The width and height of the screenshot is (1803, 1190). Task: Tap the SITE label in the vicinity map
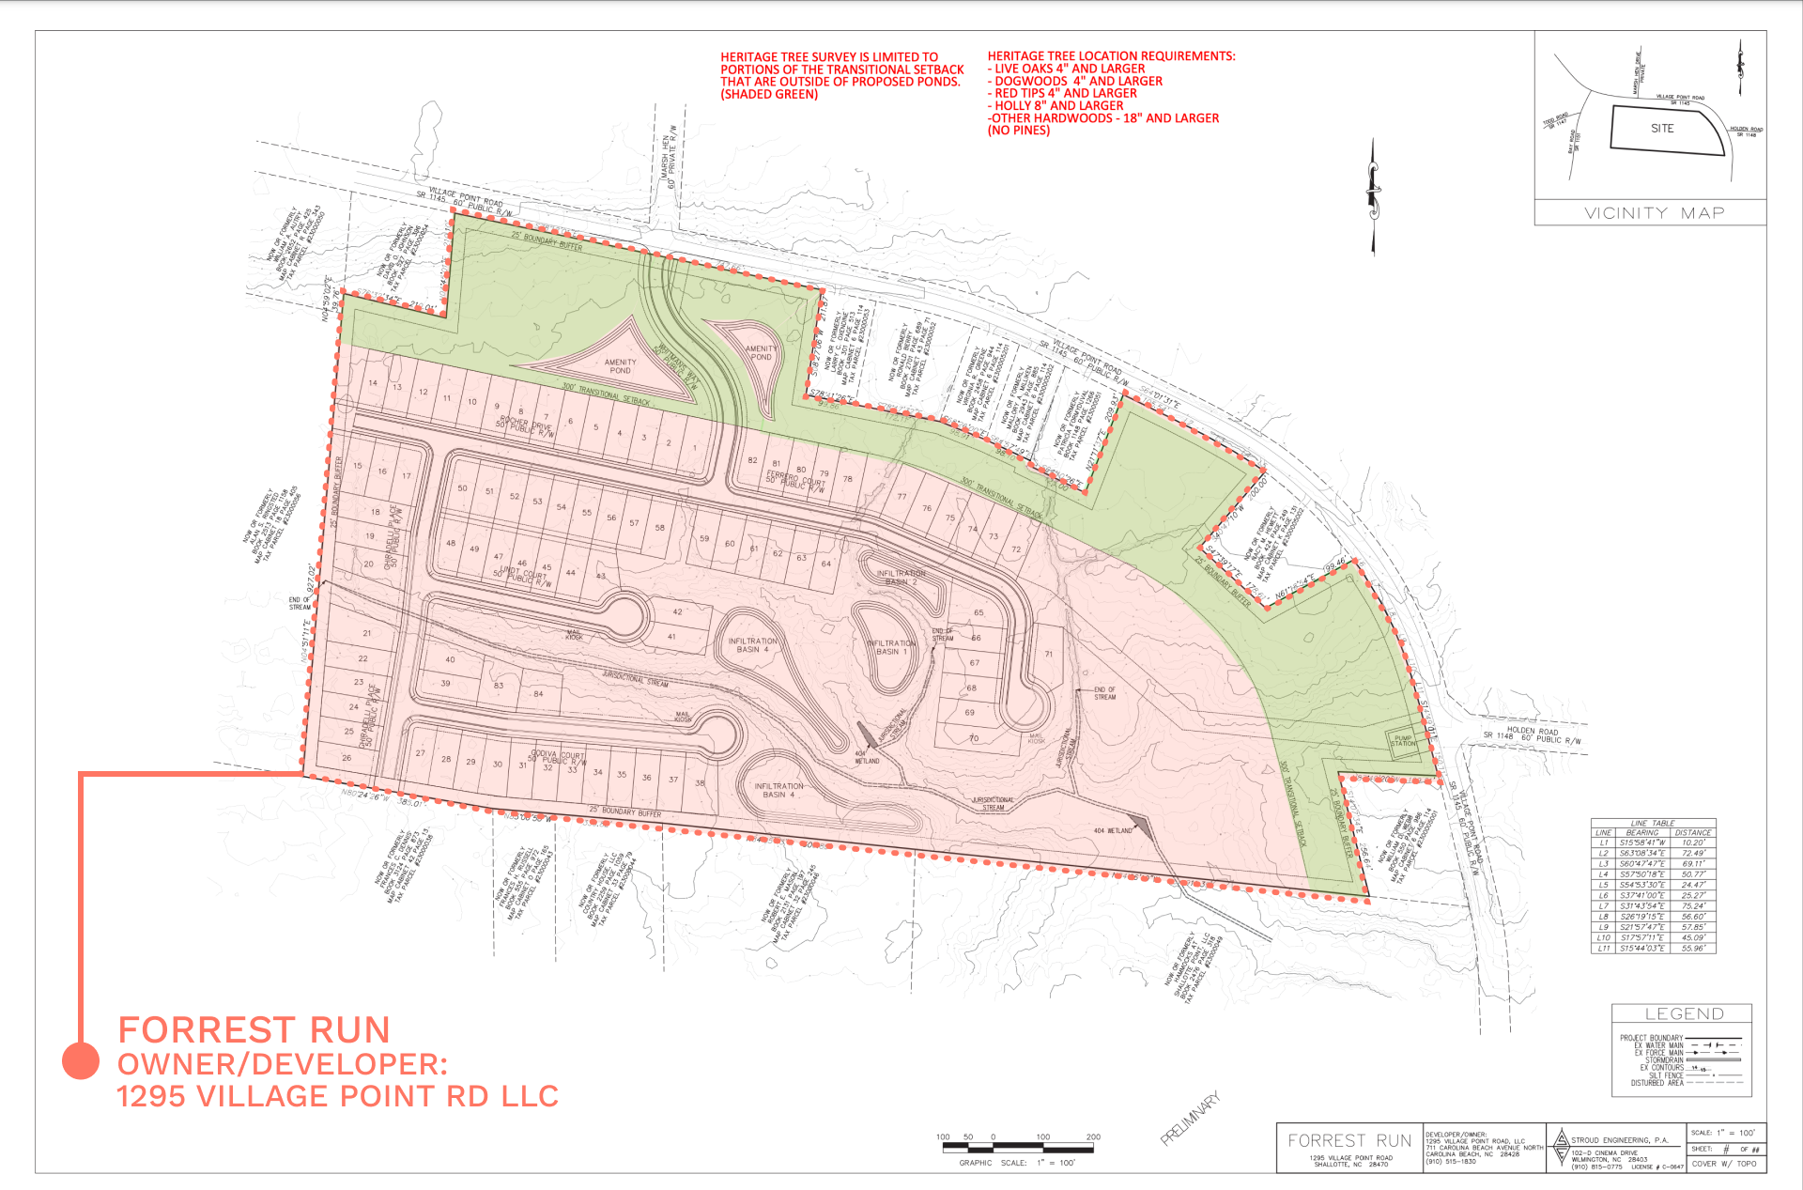click(1662, 129)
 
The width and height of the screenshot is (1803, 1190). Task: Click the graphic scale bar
click(1017, 1147)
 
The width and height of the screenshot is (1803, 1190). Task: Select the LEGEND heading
click(1684, 1013)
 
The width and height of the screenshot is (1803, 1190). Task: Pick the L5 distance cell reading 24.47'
click(1693, 885)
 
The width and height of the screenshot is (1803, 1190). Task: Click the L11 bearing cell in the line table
click(1641, 949)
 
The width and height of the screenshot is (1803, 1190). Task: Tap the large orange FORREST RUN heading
click(254, 1030)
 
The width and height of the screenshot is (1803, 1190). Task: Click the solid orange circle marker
click(81, 1061)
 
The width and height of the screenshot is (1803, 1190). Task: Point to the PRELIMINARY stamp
click(1191, 1118)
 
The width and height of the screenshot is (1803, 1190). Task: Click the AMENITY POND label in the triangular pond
click(620, 366)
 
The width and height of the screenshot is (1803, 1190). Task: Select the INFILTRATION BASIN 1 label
click(891, 647)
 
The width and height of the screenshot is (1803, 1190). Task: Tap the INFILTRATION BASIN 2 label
click(901, 577)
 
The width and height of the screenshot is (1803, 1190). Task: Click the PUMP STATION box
click(1403, 740)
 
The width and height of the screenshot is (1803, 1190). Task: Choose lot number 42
click(677, 611)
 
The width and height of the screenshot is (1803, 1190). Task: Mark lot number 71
click(1048, 654)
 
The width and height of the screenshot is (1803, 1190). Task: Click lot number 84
click(538, 694)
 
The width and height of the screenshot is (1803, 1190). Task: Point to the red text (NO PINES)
click(1018, 131)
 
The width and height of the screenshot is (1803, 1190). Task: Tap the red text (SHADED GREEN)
click(769, 94)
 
